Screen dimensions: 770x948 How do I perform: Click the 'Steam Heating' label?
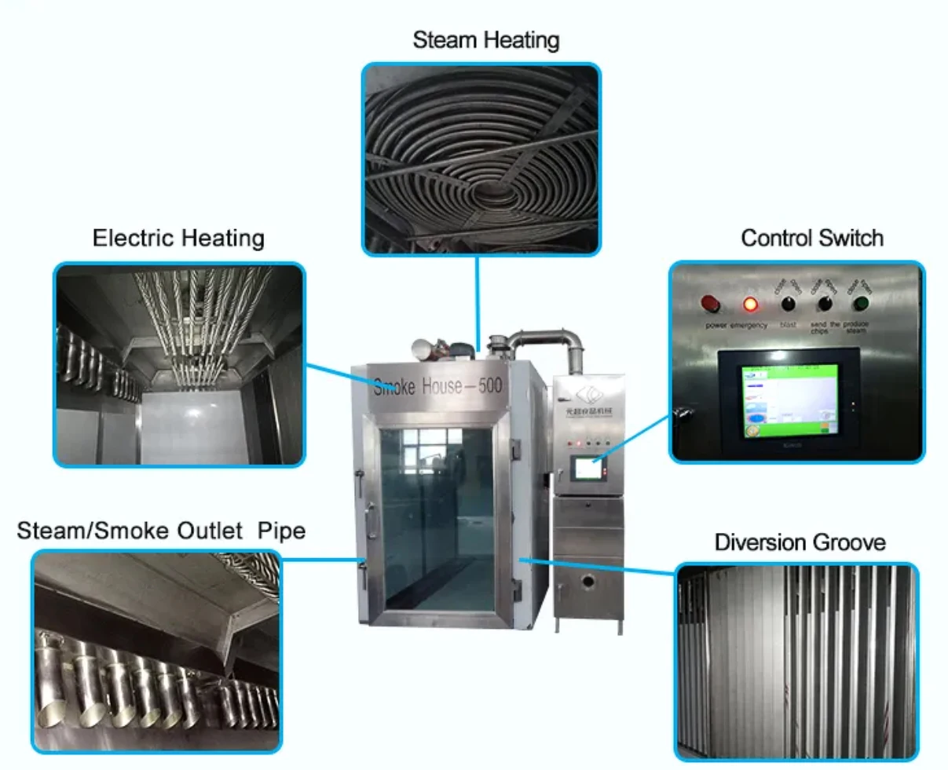(485, 40)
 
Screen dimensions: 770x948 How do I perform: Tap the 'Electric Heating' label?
(178, 238)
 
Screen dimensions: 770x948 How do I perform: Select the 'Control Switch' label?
(811, 238)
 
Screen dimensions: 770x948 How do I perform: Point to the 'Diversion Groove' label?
(800, 542)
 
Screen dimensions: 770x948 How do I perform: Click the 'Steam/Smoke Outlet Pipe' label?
(161, 531)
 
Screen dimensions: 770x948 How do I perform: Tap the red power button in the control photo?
(710, 303)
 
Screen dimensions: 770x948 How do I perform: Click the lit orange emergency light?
(751, 304)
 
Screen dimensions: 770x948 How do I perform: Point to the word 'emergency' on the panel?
(749, 325)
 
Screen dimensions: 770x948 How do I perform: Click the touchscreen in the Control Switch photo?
(789, 400)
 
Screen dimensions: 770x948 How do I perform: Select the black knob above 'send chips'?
(825, 304)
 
